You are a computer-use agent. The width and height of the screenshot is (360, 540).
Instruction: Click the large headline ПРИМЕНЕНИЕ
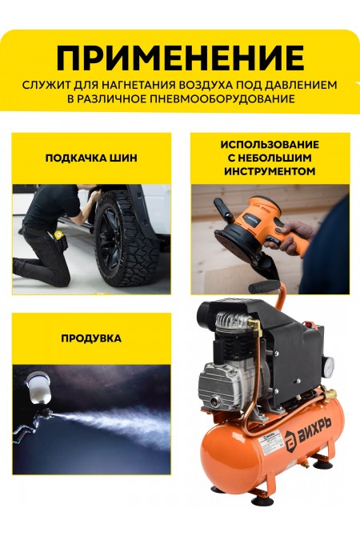[180, 58]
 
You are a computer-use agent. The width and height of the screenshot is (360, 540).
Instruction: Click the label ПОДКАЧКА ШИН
[91, 158]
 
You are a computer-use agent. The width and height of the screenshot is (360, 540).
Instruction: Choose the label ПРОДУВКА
[91, 338]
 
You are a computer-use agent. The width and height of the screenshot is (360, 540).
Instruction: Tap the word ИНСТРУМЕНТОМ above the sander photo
[270, 171]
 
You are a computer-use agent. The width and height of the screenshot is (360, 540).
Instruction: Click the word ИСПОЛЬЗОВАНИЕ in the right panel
[270, 145]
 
